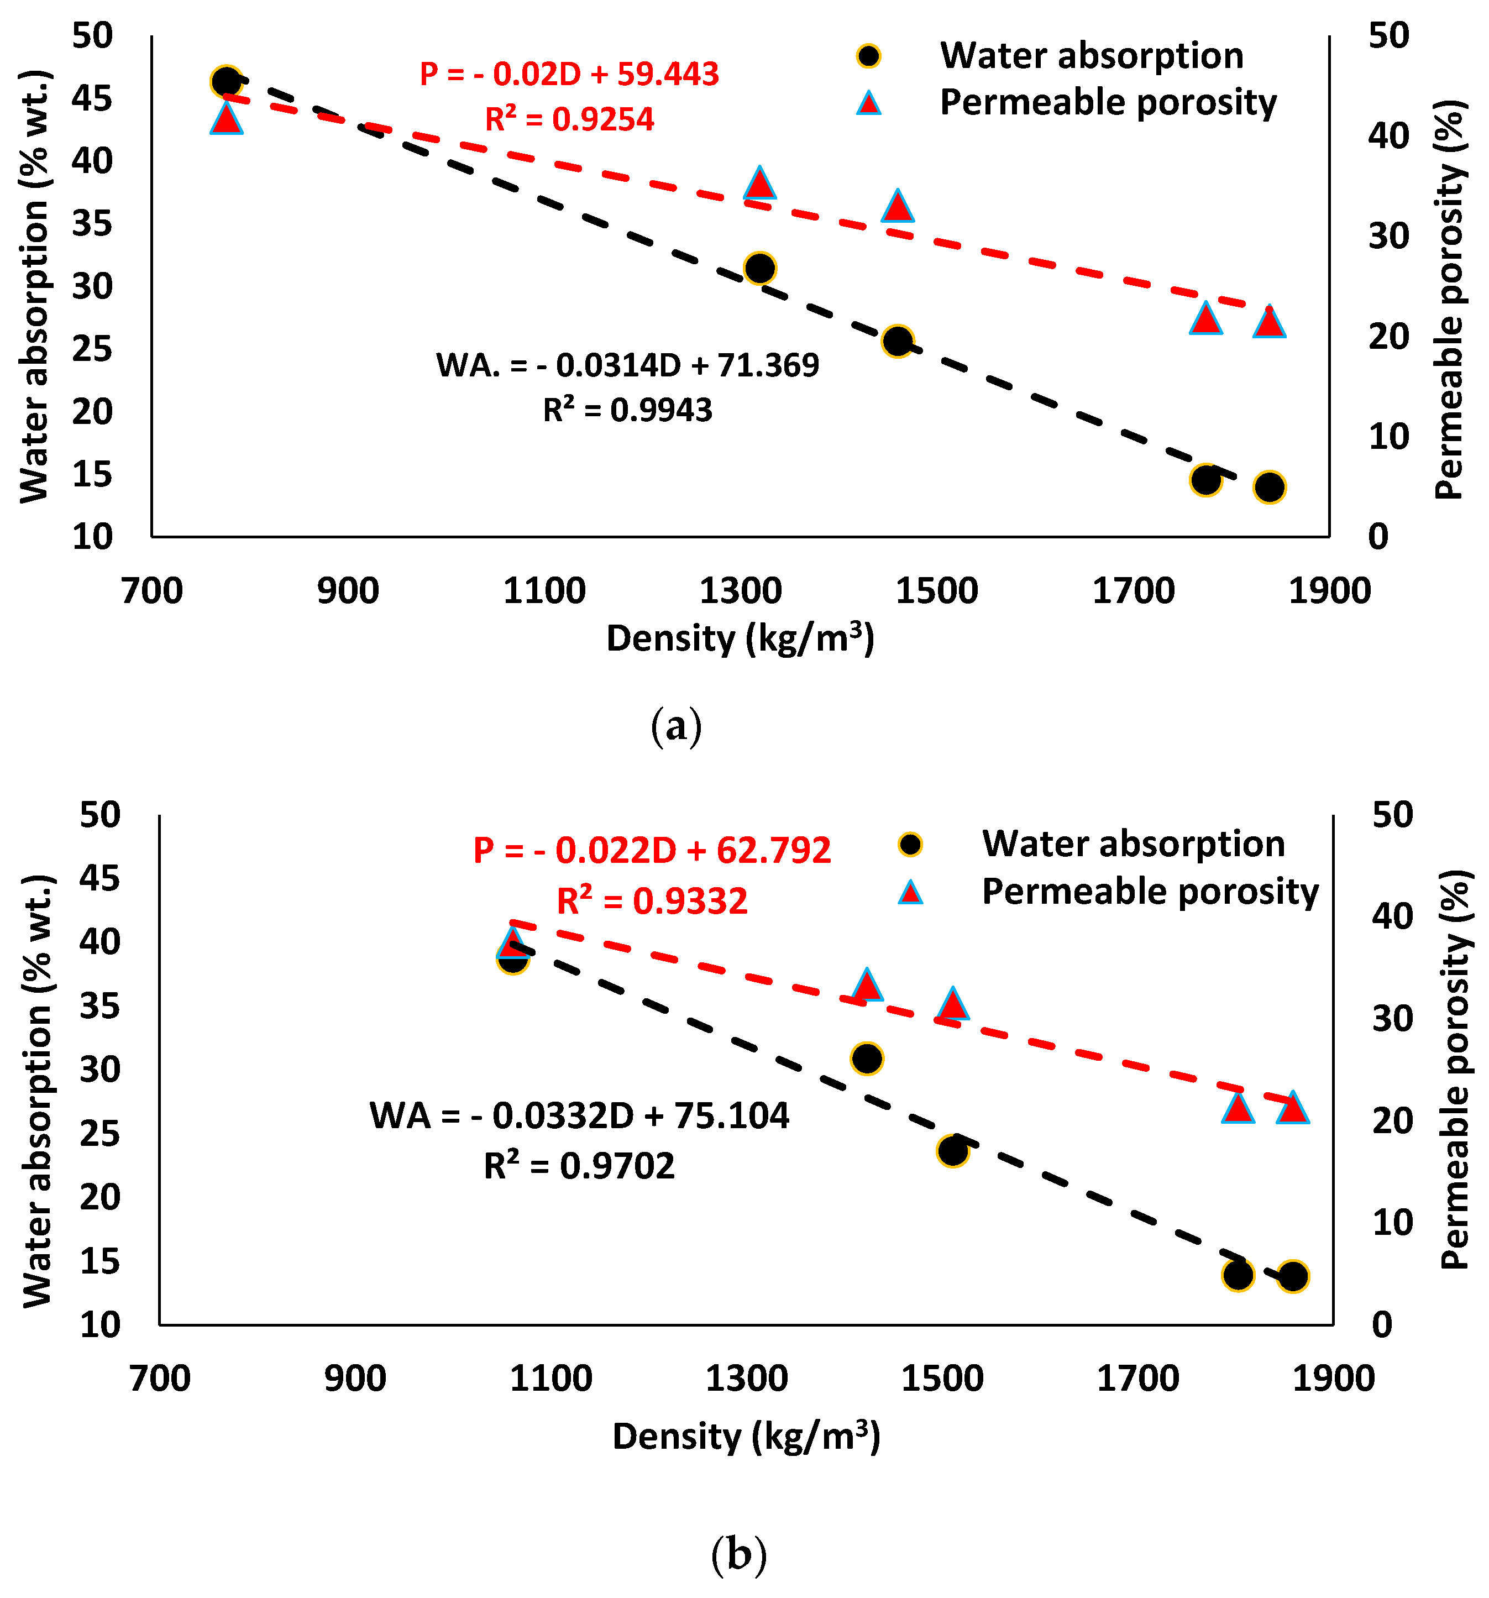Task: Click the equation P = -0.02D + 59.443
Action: [569, 74]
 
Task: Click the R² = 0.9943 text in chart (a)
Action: [627, 410]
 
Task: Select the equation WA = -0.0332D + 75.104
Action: [579, 1115]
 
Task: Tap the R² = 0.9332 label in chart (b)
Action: [652, 900]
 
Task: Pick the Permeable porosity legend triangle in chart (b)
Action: [910, 892]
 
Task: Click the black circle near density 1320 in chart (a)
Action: [759, 268]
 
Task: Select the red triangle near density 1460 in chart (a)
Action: [898, 207]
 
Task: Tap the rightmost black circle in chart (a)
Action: [1269, 486]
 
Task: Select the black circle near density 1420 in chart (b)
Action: [866, 1059]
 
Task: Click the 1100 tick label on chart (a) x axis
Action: [544, 591]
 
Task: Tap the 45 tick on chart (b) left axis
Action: [99, 878]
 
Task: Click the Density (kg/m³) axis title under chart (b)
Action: [746, 1437]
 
